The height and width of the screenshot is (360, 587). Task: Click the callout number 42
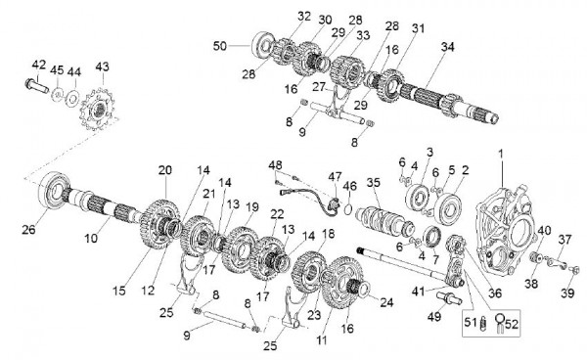tap(38, 65)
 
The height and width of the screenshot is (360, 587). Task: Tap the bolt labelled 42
tap(36, 86)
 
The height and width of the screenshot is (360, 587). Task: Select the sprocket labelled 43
tap(98, 109)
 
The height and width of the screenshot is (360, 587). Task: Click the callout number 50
tap(220, 46)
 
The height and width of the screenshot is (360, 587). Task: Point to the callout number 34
tap(447, 47)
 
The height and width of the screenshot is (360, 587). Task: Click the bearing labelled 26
tap(55, 191)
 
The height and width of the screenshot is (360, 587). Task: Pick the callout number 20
tap(164, 170)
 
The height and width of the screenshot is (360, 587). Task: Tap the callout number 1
tap(501, 154)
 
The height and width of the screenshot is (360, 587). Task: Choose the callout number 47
tap(335, 176)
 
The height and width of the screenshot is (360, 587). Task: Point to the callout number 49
tap(434, 317)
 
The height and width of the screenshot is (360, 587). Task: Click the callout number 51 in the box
tap(471, 322)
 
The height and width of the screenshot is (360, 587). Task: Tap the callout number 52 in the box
tap(512, 324)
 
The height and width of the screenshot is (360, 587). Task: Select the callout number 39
tap(567, 292)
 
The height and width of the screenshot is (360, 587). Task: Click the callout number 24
tap(386, 302)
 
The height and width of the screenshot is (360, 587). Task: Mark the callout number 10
tap(91, 238)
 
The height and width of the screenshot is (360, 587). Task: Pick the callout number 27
tap(319, 87)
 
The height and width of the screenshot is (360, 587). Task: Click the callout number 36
tap(495, 293)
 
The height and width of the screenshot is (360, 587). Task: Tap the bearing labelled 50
tap(263, 45)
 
